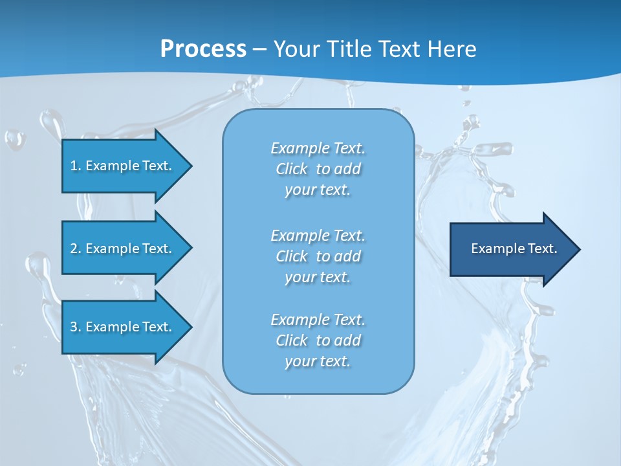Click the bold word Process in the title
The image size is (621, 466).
coord(203,49)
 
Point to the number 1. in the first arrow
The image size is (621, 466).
coord(76,166)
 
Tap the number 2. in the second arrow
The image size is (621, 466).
coord(76,249)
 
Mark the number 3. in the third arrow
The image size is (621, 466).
coord(76,327)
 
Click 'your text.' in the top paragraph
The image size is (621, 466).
coord(318,190)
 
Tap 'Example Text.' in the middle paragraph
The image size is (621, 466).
coord(318,236)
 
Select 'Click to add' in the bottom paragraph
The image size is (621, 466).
coord(318,340)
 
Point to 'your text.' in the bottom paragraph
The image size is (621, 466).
coord(318,361)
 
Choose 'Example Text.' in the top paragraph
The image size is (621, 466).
coord(318,149)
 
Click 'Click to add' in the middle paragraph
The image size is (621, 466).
coord(318,256)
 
